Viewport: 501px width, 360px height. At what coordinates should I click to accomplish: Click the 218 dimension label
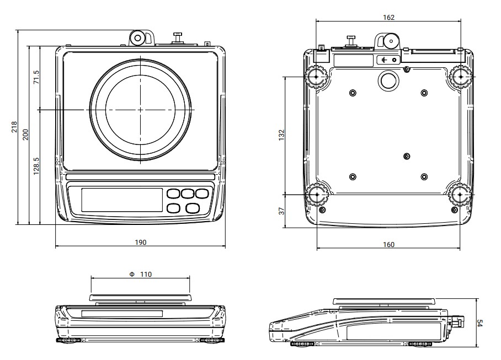(x=14, y=127)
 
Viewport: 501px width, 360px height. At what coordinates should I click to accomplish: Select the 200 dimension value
(x=25, y=135)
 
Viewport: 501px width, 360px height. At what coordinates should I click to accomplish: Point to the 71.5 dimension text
(x=36, y=77)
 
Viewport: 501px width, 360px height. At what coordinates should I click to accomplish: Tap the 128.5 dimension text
(x=36, y=166)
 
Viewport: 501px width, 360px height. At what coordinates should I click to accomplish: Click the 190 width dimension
(x=141, y=242)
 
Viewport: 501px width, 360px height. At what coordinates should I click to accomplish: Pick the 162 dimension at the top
(x=389, y=17)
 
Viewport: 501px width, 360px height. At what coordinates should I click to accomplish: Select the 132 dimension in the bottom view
(x=281, y=135)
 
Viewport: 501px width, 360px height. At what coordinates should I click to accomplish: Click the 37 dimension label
(x=281, y=211)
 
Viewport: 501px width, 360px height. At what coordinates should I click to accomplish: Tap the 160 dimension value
(x=388, y=244)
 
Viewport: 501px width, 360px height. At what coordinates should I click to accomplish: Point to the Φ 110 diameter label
(x=141, y=274)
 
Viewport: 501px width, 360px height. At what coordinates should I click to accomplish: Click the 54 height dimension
(x=479, y=323)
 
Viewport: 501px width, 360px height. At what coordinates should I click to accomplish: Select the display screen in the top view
(x=122, y=200)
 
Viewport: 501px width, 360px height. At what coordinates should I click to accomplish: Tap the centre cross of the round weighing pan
(x=140, y=110)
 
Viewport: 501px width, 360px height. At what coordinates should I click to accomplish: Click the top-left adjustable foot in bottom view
(x=317, y=77)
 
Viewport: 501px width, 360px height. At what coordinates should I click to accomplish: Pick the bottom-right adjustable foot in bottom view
(x=460, y=195)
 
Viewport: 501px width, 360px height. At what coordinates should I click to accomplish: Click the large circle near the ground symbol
(x=388, y=80)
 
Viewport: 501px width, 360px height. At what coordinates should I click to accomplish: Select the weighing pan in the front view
(x=141, y=298)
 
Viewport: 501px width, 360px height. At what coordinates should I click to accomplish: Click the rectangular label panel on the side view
(x=395, y=330)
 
